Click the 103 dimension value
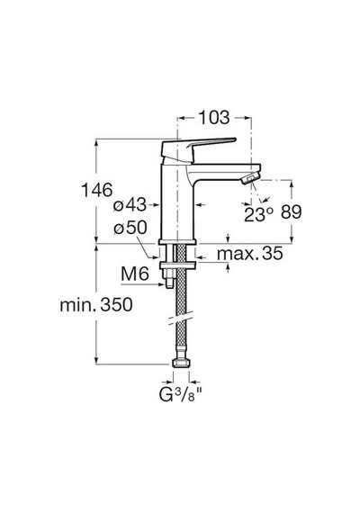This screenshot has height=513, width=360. coord(214,118)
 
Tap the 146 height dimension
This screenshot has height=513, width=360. coord(96,190)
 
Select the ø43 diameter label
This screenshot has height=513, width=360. coord(130,205)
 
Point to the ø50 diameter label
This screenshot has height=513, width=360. coord(130,228)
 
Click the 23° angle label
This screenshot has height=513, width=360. coord(258,214)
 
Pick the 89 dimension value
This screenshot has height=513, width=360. coord(291,212)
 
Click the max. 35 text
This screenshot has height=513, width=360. coord(249,253)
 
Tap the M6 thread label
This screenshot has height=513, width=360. coord(135,274)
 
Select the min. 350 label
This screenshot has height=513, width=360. coord(96,304)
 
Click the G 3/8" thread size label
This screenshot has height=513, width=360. coord(180,394)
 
